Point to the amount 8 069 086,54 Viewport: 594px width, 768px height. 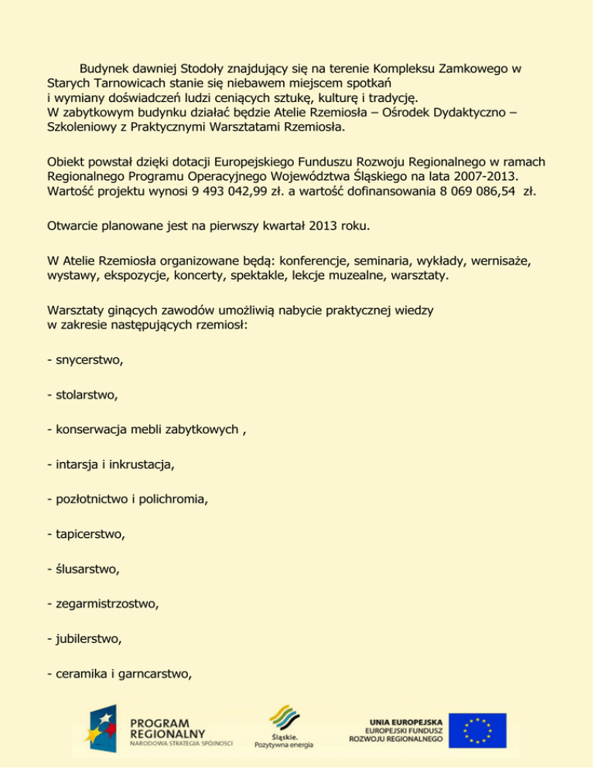[467, 191]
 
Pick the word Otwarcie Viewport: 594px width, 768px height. [73, 227]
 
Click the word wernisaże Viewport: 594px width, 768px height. [509, 263]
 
